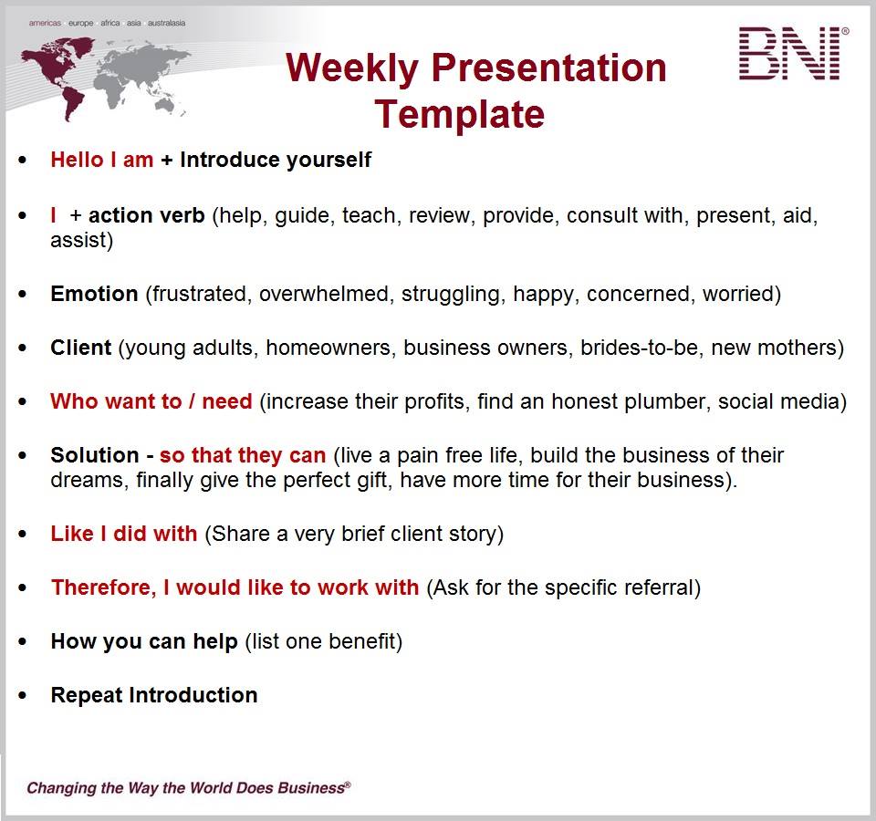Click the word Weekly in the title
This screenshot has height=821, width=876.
(351, 68)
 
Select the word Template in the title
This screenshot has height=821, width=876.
(459, 115)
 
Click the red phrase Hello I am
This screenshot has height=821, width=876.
(101, 161)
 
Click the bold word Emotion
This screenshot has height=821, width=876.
(94, 295)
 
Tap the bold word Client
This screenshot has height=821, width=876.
(81, 348)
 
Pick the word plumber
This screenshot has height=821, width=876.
(660, 402)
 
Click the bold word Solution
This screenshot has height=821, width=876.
(94, 455)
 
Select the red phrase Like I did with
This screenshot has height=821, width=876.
(123, 535)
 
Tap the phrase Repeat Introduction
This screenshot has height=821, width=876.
(153, 696)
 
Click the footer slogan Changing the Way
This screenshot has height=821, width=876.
(188, 787)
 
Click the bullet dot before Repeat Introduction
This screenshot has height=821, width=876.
(23, 696)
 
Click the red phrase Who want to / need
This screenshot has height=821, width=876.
(151, 402)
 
